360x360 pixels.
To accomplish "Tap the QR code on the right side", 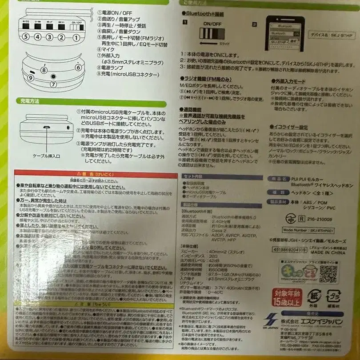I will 328,274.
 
